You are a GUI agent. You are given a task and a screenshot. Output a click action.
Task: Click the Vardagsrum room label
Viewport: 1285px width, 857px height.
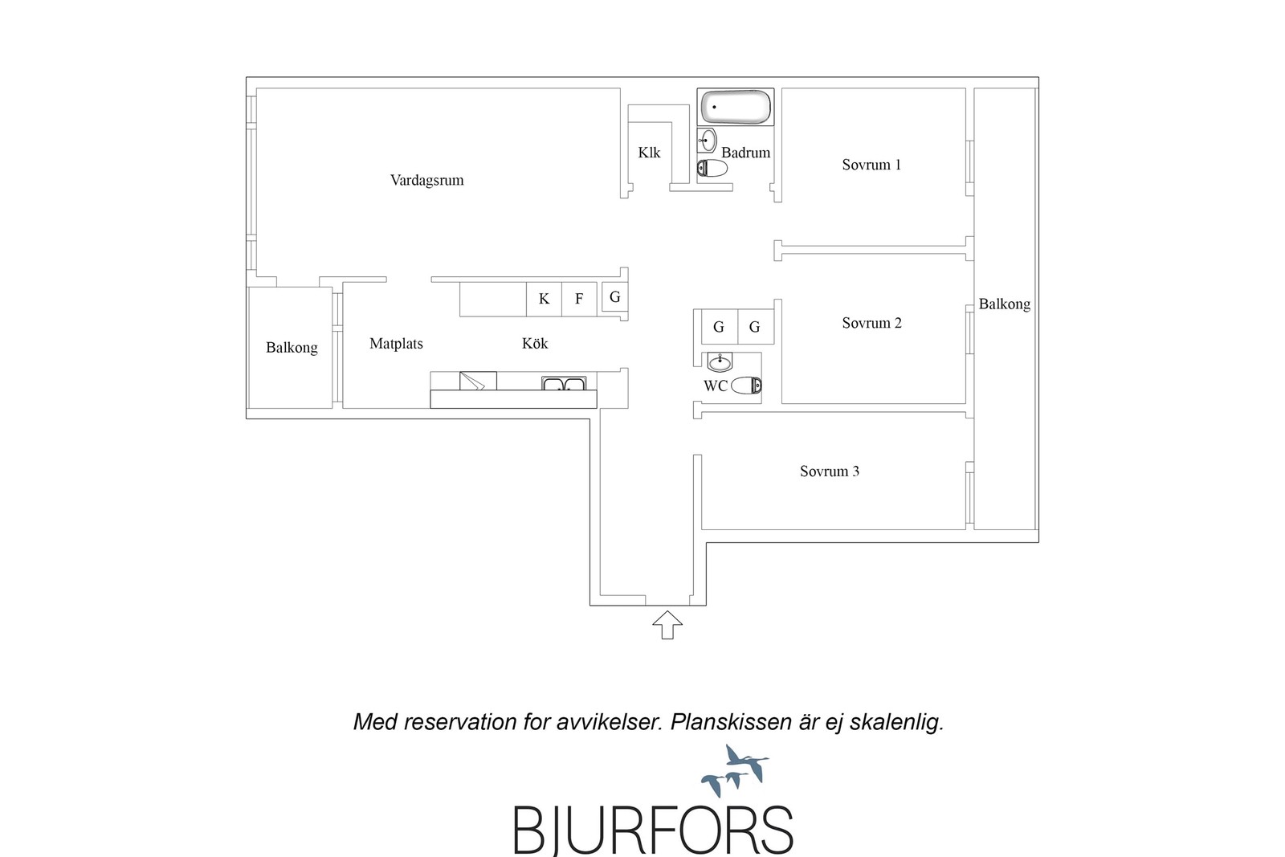(426, 180)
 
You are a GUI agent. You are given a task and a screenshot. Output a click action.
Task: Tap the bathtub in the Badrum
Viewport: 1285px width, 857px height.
(736, 107)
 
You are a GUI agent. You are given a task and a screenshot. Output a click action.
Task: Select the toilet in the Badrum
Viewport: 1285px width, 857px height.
(712, 168)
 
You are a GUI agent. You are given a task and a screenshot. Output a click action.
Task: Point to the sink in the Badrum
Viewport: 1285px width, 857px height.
(708, 140)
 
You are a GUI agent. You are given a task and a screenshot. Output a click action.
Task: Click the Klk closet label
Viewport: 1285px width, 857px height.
(649, 153)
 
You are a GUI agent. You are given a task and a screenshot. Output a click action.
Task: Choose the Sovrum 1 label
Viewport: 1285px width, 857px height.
(871, 165)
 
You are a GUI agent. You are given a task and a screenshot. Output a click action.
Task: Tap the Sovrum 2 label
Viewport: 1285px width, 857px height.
(871, 323)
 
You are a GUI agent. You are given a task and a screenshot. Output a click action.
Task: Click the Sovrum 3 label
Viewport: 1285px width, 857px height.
(830, 471)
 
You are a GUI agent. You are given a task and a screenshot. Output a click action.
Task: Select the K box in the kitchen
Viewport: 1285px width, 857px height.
(544, 299)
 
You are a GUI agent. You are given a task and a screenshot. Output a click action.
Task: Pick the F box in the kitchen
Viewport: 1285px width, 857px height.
(579, 299)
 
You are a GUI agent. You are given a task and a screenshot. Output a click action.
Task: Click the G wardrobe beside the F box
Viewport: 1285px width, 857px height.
(615, 297)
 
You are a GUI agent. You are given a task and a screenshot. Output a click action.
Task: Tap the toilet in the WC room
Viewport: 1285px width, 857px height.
(746, 386)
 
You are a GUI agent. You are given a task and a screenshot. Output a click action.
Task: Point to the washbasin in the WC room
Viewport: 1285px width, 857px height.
(720, 362)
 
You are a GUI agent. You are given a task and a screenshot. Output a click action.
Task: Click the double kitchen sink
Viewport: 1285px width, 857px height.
(563, 383)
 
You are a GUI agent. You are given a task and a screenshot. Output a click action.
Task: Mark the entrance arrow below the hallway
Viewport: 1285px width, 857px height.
(667, 625)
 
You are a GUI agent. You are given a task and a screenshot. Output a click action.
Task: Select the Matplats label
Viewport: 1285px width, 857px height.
(396, 344)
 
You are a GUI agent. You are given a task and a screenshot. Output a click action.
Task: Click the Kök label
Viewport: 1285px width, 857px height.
(535, 343)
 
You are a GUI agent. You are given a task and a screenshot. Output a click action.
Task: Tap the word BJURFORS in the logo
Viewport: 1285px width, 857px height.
(653, 830)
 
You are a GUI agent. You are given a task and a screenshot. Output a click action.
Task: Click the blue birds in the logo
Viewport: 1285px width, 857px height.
(735, 769)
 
